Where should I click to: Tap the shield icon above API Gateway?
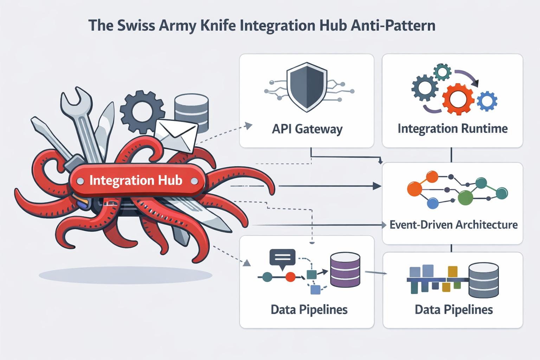[307, 86]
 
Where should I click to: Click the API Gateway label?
[307, 129]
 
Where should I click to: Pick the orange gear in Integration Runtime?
[458, 99]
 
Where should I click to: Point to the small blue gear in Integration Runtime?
[487, 101]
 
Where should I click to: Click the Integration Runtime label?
[452, 129]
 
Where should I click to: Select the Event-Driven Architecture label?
[454, 225]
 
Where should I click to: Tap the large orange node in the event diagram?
[414, 189]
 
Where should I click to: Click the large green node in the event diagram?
[465, 198]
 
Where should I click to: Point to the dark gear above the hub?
[142, 112]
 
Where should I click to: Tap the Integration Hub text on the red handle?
[136, 180]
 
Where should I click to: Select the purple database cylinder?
[345, 270]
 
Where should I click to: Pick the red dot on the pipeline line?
[290, 277]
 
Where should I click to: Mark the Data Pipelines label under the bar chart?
[454, 310]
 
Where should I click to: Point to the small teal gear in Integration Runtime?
[442, 72]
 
